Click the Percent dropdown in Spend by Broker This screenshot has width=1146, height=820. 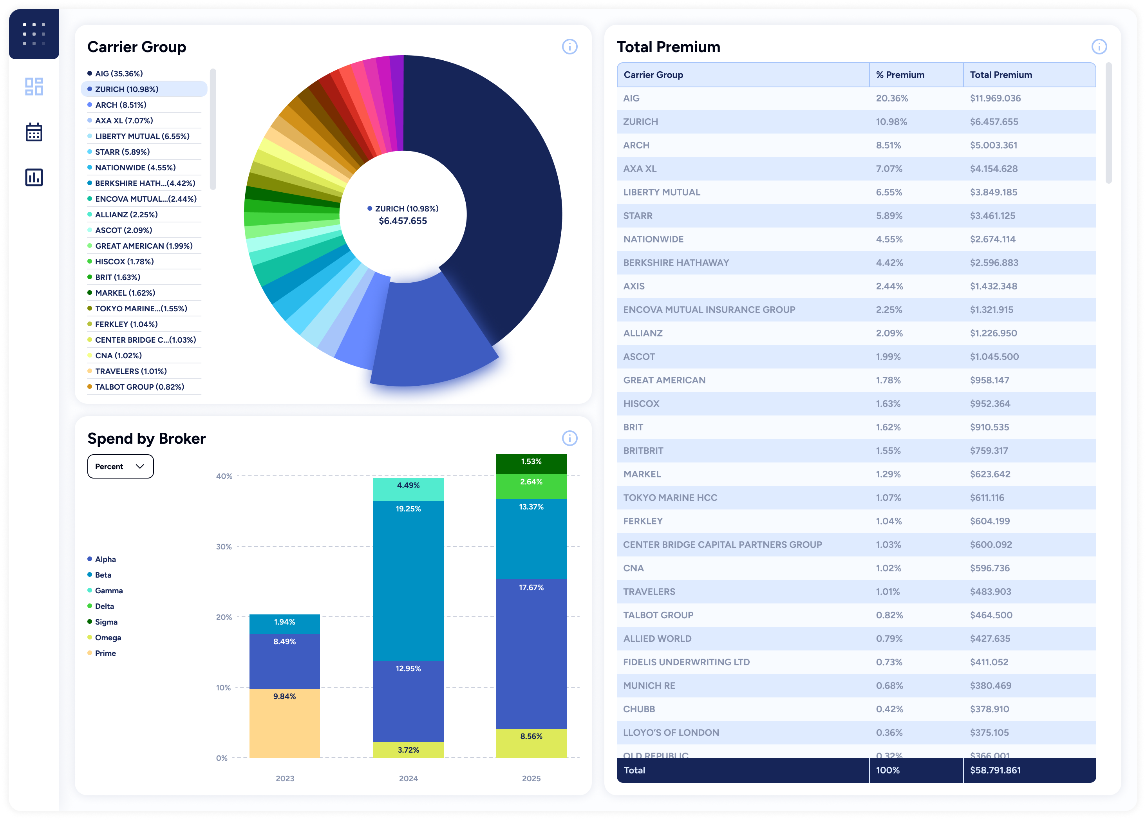(120, 466)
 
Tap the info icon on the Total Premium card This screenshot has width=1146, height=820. (1099, 47)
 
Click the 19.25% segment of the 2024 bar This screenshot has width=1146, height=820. (408, 581)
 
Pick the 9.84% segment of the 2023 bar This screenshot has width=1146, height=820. (284, 722)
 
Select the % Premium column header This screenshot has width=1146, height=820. (900, 75)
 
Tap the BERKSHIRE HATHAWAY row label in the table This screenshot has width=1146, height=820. (676, 262)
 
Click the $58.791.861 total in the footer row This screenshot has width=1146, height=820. (995, 770)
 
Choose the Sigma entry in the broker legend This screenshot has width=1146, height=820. (106, 621)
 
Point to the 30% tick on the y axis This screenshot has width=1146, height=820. (224, 546)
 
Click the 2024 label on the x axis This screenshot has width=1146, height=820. (408, 778)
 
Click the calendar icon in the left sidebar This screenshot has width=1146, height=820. (34, 132)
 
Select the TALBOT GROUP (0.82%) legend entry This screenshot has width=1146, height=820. (139, 387)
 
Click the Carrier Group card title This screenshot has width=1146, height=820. (136, 47)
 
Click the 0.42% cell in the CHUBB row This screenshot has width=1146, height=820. (889, 709)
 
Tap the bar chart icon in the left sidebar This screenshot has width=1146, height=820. (34, 177)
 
